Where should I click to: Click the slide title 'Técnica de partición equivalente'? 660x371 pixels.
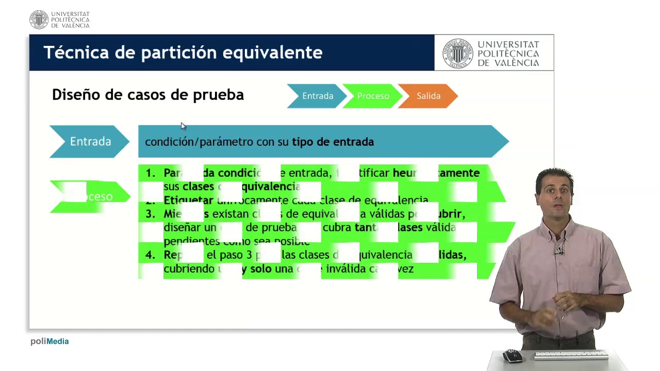pyautogui.click(x=183, y=53)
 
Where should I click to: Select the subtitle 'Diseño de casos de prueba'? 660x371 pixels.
pyautogui.click(x=148, y=95)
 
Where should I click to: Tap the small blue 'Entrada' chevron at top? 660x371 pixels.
pyautogui.click(x=317, y=96)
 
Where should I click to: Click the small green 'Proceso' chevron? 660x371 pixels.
pyautogui.click(x=373, y=96)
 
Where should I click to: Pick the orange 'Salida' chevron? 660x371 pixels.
pyautogui.click(x=428, y=96)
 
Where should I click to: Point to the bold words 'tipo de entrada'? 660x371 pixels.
pyautogui.click(x=333, y=142)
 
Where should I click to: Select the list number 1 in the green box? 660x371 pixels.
pyautogui.click(x=150, y=173)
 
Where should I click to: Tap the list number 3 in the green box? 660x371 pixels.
pyautogui.click(x=150, y=214)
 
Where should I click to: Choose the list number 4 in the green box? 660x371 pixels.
pyautogui.click(x=150, y=255)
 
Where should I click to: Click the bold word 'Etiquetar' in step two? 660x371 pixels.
pyautogui.click(x=188, y=200)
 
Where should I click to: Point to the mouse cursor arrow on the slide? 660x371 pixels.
pyautogui.click(x=183, y=126)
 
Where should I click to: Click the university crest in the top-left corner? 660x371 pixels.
pyautogui.click(x=39, y=20)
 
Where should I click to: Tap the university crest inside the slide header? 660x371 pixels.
pyautogui.click(x=457, y=53)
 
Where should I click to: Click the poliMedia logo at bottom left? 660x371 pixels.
pyautogui.click(x=49, y=341)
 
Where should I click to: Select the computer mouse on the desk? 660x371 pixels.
pyautogui.click(x=512, y=355)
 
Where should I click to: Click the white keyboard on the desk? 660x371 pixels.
pyautogui.click(x=571, y=355)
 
